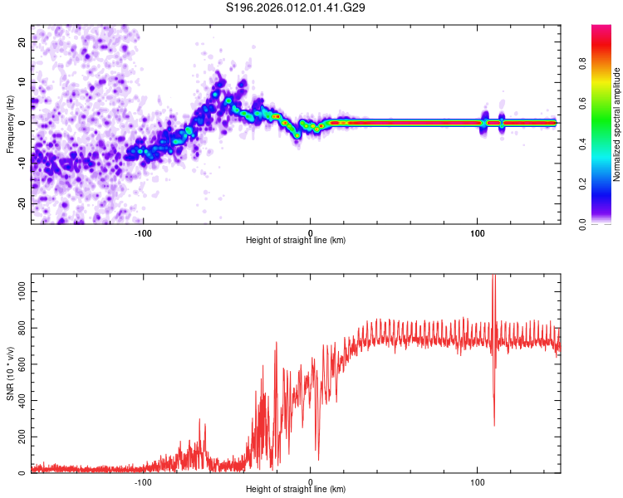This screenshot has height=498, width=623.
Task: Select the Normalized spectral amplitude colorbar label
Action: (617, 124)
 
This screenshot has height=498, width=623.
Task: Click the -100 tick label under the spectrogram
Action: (144, 232)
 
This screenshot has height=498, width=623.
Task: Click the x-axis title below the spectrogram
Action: (296, 240)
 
